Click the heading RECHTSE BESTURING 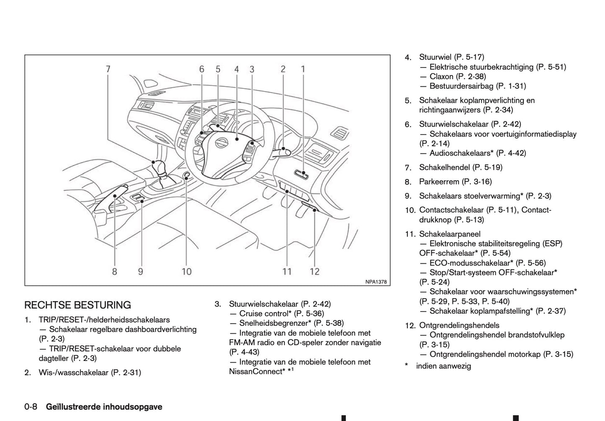77,305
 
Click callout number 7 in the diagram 108,69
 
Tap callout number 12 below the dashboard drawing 314,271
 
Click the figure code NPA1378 376,282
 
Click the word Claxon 441,76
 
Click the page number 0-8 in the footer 31,406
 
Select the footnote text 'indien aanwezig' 443,366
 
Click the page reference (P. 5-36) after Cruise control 309,313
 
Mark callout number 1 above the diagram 303,69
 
